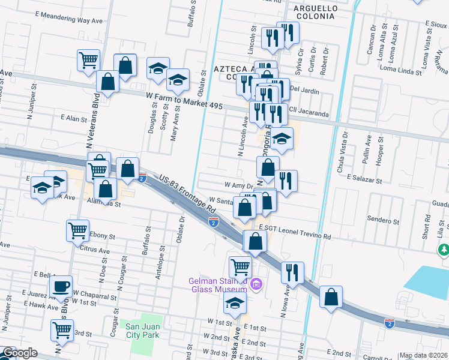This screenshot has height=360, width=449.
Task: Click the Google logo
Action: coord(20,353)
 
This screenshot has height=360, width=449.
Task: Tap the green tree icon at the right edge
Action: coord(444,248)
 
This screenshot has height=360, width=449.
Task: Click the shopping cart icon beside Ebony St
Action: coord(79,230)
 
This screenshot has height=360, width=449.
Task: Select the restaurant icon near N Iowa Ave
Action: coord(293,272)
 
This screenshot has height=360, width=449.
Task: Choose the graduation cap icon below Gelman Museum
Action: coord(235,304)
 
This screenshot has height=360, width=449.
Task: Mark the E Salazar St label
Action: coord(364,180)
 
